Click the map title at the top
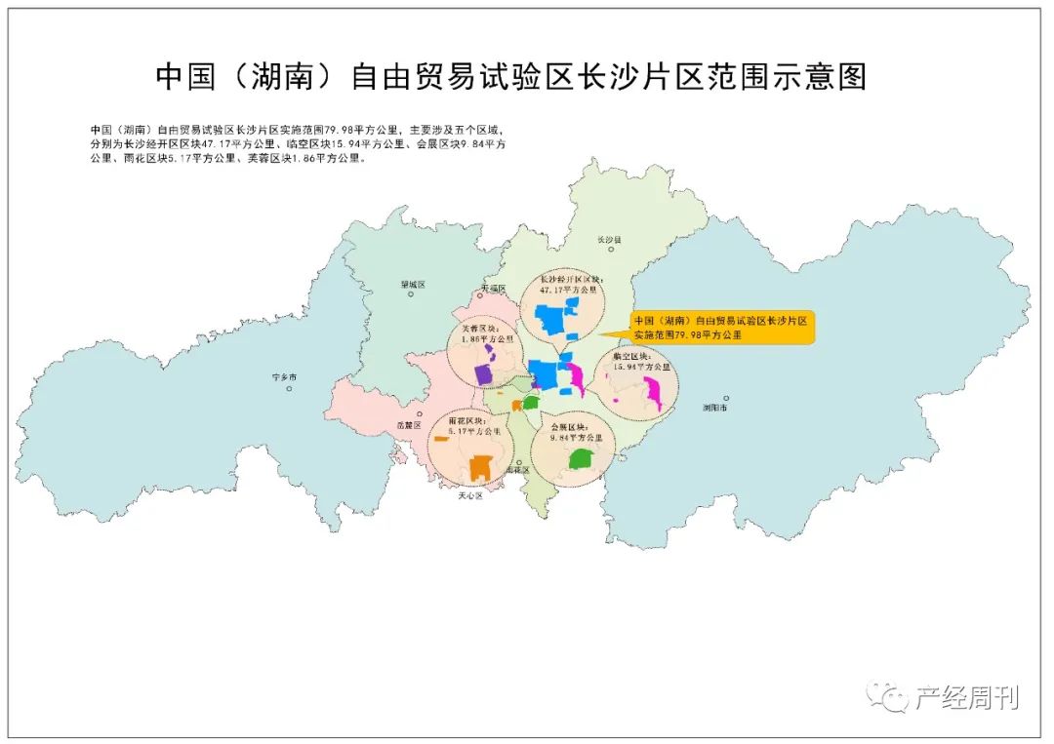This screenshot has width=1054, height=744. click(x=511, y=77)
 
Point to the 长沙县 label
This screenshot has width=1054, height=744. click(x=608, y=239)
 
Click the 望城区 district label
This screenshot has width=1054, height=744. click(x=413, y=285)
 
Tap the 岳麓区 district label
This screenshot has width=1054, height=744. click(x=408, y=425)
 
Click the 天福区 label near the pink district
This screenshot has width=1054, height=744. click(x=495, y=289)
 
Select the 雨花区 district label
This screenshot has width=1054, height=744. click(x=517, y=469)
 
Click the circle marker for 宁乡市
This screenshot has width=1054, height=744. click(x=290, y=389)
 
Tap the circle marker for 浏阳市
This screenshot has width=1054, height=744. click(x=709, y=397)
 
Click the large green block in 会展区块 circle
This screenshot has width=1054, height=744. click(x=582, y=457)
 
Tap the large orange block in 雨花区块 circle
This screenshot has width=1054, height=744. click(x=479, y=468)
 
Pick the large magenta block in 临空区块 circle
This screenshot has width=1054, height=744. click(x=652, y=394)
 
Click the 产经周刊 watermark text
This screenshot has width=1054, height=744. click(x=965, y=698)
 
